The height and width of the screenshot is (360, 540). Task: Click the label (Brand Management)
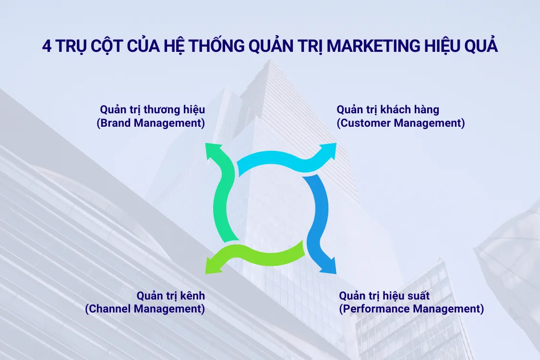151,123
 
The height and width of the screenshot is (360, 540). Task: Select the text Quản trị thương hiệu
152,109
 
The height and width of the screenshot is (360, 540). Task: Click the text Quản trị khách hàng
388,109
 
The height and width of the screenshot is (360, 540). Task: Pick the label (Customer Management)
401,123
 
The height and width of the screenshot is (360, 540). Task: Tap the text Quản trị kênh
171,295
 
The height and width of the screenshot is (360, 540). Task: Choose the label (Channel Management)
145,309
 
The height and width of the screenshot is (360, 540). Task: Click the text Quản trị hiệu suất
384,295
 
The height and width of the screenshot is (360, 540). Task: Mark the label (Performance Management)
411,309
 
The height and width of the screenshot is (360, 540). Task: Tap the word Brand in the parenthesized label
117,123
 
